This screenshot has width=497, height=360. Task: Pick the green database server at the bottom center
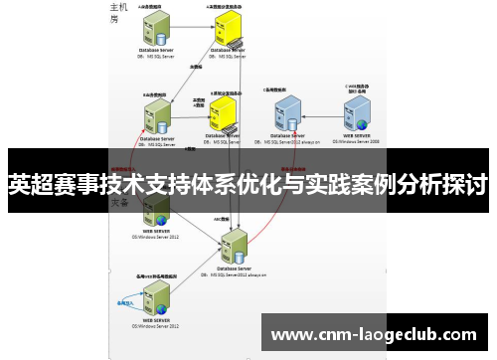pos(236,246)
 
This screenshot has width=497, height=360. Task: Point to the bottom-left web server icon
pos(157,299)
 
